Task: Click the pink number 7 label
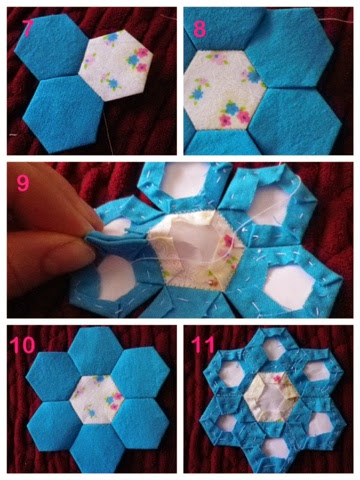coord(27,28)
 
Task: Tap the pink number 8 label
coord(200,29)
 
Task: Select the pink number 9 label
coord(23,183)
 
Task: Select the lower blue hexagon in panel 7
coord(64,113)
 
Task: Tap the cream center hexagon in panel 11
coord(272,397)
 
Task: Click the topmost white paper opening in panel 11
coord(273,349)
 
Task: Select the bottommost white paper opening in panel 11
coord(274,446)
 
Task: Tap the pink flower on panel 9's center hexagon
coord(229,241)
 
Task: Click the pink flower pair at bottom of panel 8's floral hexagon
coord(234,118)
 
